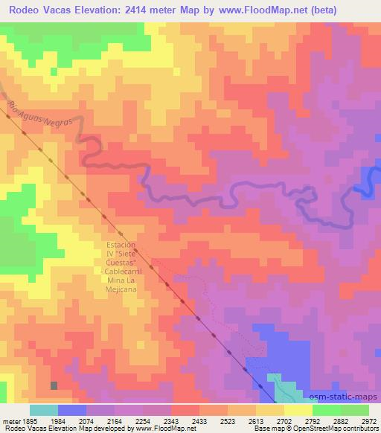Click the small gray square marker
pyautogui.click(x=54, y=385)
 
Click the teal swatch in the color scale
pyautogui.click(x=44, y=410)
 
